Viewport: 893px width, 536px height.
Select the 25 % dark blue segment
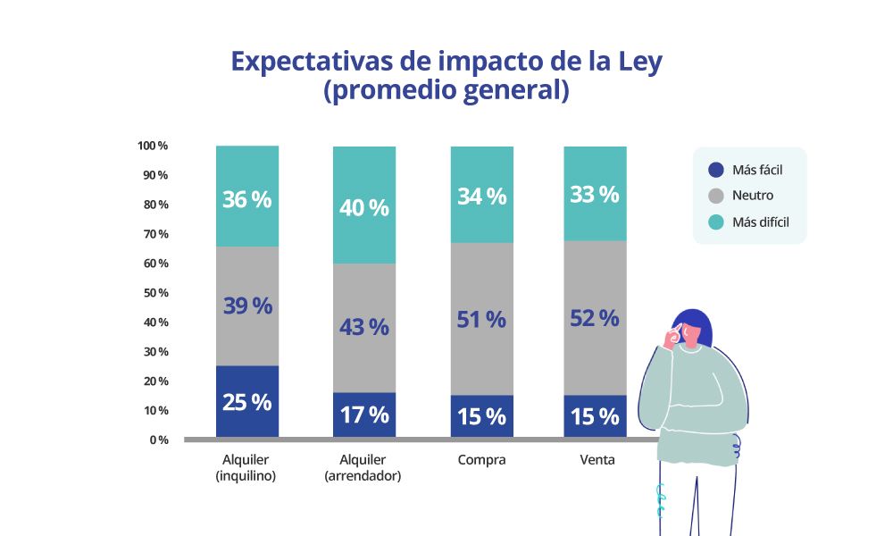247,401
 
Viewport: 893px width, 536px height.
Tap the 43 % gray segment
364,327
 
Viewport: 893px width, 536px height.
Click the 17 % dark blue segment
364,415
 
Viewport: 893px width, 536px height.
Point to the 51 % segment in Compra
481,318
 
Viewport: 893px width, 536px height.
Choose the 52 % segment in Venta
595,317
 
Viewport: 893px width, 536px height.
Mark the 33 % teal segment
595,194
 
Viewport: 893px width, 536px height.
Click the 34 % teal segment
481,195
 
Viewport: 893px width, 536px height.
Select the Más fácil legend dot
715,170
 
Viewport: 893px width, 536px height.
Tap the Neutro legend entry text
753,196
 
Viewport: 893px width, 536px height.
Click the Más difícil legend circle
715,222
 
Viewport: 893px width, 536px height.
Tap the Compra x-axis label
481,460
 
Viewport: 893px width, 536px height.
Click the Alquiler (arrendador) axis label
364,467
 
